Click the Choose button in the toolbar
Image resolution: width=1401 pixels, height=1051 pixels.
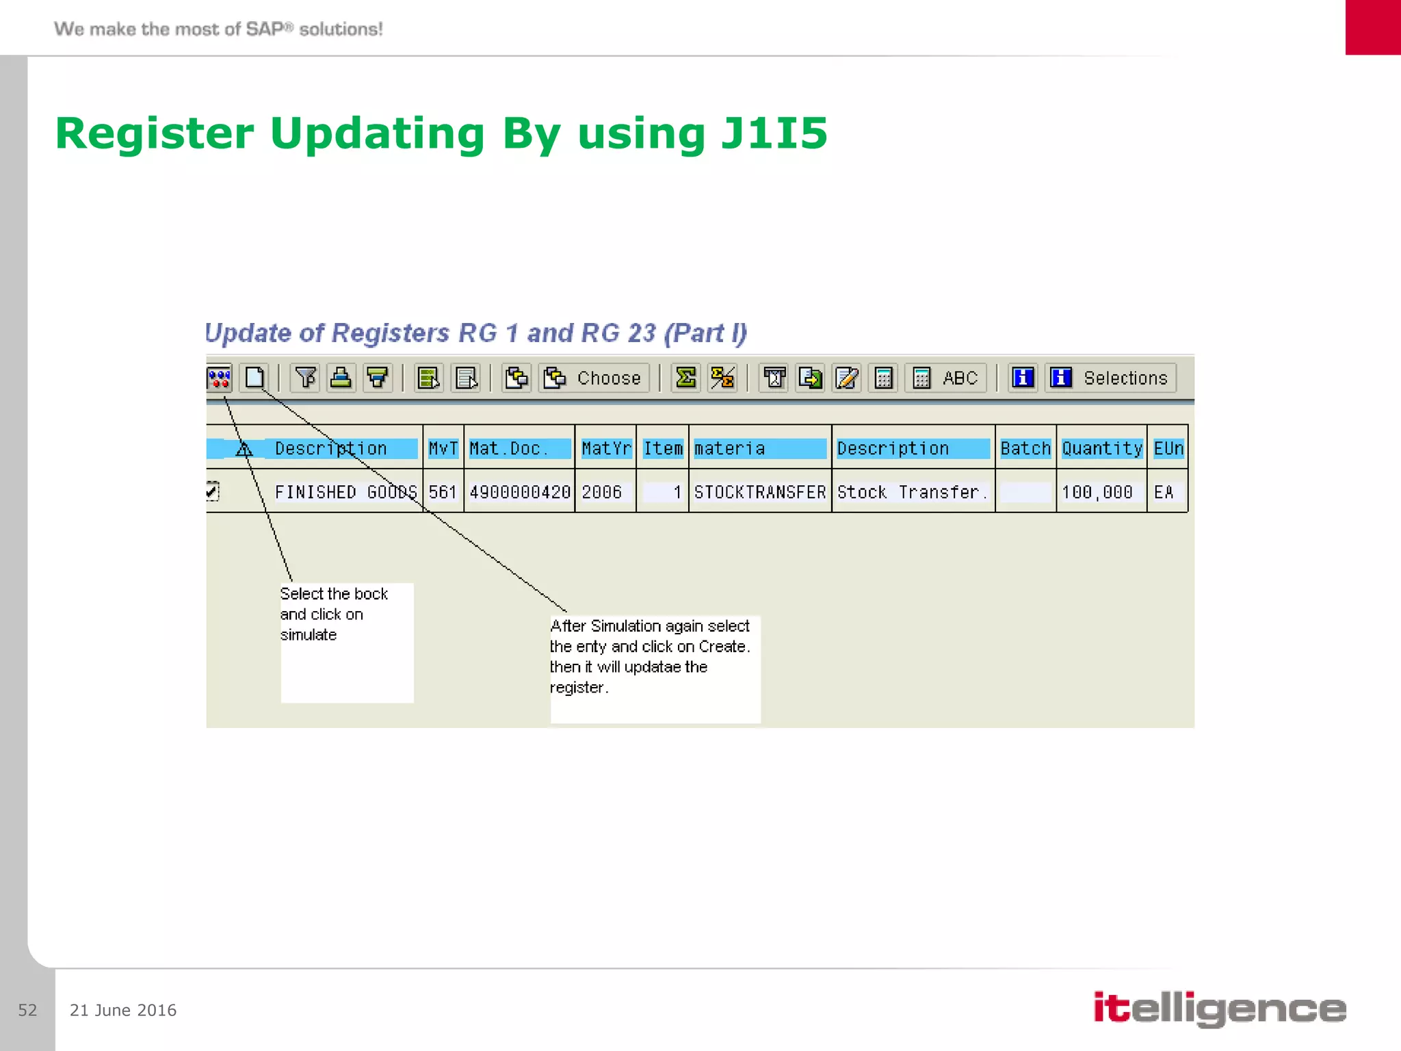(x=593, y=378)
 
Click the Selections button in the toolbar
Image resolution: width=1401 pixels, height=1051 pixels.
(x=1110, y=378)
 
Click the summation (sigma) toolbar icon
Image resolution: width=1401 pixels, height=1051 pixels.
(x=685, y=378)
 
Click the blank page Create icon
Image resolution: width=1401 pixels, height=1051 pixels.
(x=254, y=378)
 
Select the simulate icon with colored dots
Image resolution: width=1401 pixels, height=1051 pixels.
(x=219, y=378)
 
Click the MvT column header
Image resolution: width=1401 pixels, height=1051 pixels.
(x=443, y=449)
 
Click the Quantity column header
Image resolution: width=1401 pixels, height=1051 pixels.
(x=1101, y=449)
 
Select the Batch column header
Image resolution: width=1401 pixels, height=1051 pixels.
(x=1025, y=449)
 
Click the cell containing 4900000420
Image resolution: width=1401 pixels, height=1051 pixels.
(x=520, y=492)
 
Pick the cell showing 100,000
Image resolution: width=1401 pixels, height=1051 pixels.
(x=1097, y=492)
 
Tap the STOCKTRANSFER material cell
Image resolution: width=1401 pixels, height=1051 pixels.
(x=759, y=492)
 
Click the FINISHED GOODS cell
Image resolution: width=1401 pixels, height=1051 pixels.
(x=345, y=492)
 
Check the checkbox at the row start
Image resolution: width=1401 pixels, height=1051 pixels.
(x=212, y=491)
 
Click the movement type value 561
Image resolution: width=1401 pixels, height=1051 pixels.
(x=443, y=492)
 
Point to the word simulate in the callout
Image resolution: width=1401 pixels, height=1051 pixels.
(x=309, y=635)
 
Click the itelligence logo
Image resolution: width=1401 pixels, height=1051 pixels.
(x=1219, y=1009)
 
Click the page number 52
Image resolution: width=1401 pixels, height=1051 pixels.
(x=27, y=1010)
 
